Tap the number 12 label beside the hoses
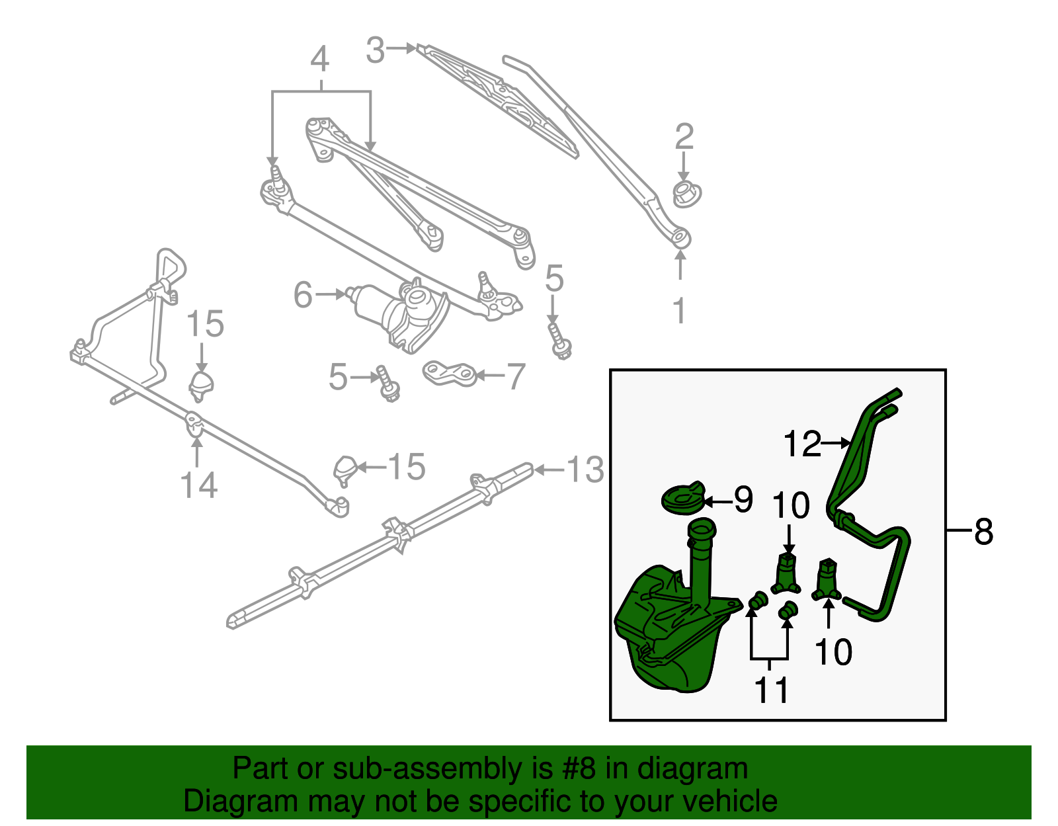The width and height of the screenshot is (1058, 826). (x=801, y=444)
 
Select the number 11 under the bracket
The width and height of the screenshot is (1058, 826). (x=772, y=690)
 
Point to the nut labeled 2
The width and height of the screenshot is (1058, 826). (x=686, y=194)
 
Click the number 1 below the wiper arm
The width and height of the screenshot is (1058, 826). (x=680, y=310)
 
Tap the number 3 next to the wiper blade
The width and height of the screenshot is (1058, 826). (x=376, y=50)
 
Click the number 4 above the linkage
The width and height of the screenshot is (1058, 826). (x=320, y=60)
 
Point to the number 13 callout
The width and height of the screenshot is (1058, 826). (x=585, y=470)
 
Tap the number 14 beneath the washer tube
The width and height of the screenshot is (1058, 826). (x=198, y=485)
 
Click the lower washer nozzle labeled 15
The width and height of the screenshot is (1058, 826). (x=346, y=470)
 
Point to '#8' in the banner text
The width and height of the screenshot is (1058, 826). (x=579, y=769)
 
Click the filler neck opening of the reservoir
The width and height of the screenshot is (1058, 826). (x=701, y=528)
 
